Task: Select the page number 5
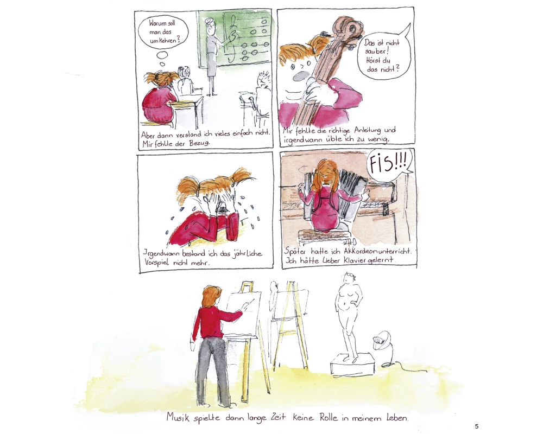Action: pyautogui.click(x=477, y=426)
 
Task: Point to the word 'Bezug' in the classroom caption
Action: pyautogui.click(x=199, y=143)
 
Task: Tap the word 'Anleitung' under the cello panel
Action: pyautogui.click(x=368, y=131)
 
